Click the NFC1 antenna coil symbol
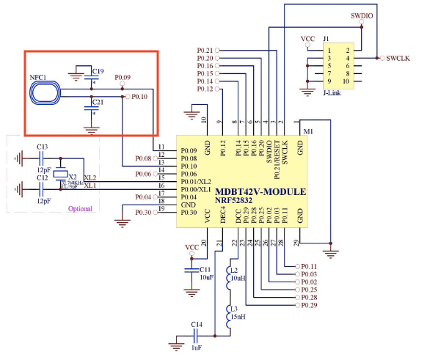coord(44,92)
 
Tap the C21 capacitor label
coord(98,102)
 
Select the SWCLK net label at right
coord(401,58)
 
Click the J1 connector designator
coord(326,38)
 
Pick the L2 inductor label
coord(235,272)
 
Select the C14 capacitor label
coord(196,324)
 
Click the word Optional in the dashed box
coord(80,208)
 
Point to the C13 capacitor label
coord(43,147)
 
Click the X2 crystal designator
coord(71,177)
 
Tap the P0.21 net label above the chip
coord(205,50)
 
